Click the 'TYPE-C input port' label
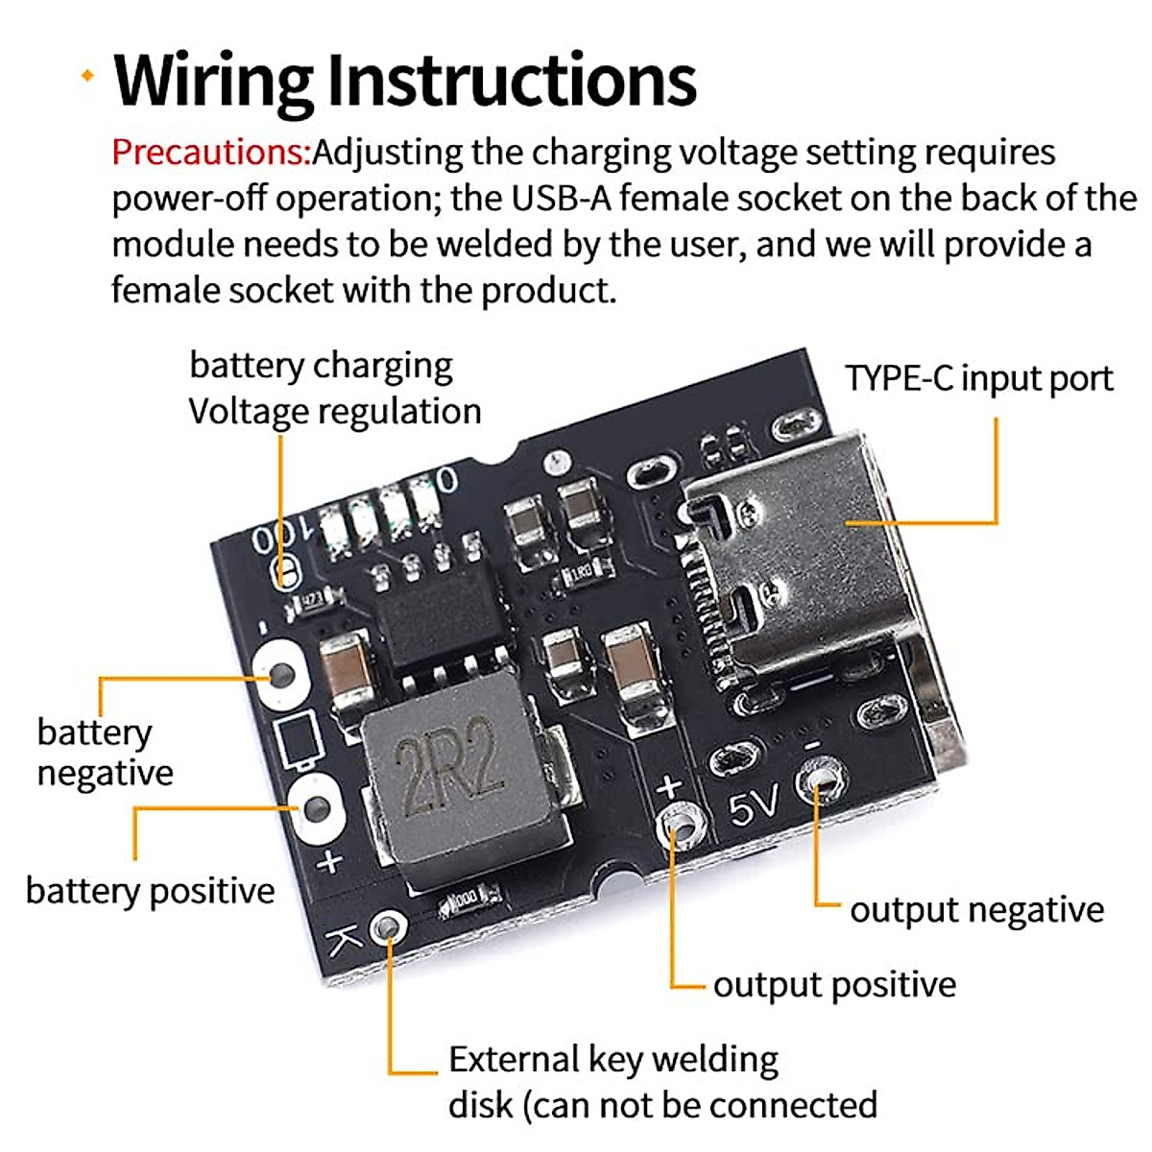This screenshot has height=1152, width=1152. [979, 379]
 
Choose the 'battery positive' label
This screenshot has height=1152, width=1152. [151, 891]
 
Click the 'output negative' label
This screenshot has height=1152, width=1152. [977, 910]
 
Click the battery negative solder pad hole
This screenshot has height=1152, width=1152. [282, 676]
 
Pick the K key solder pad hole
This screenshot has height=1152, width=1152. [389, 927]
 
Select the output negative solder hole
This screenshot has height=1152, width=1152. [822, 780]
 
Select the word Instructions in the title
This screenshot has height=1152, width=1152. [513, 80]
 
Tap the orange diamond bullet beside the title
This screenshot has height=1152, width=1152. [88, 75]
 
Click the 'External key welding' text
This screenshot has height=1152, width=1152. [613, 1060]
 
